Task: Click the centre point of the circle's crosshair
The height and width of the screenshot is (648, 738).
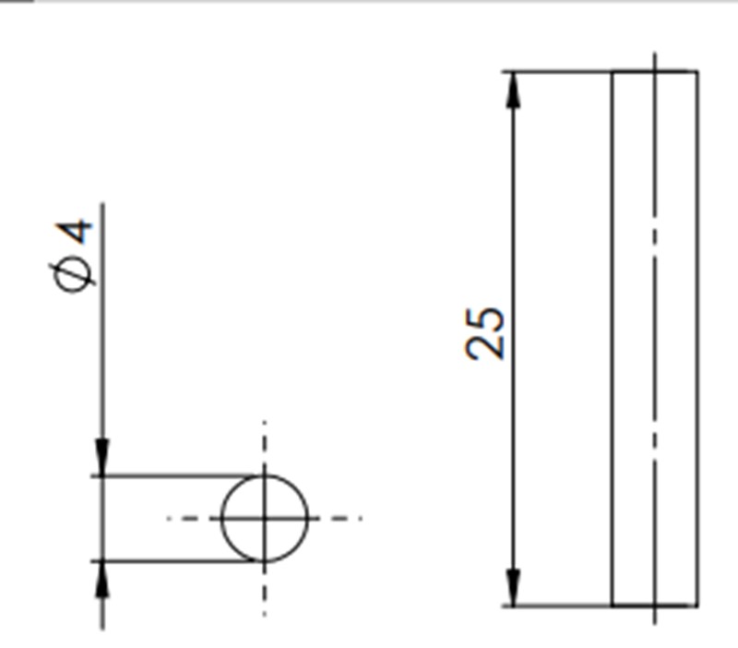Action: (x=265, y=518)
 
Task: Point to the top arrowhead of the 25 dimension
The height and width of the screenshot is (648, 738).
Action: (x=514, y=88)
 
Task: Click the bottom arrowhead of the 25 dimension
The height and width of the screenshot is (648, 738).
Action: (x=514, y=589)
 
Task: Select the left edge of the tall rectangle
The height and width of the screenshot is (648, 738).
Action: (x=613, y=332)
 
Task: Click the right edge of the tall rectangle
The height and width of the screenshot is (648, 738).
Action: (x=697, y=332)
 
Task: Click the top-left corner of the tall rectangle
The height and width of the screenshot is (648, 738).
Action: (x=613, y=71)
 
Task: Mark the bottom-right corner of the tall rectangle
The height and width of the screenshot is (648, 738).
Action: (x=697, y=606)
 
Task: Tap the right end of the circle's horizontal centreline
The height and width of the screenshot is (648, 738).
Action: (x=360, y=518)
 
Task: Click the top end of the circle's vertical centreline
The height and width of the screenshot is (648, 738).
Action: (x=265, y=423)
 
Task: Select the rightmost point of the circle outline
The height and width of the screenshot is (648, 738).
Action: (x=308, y=518)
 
